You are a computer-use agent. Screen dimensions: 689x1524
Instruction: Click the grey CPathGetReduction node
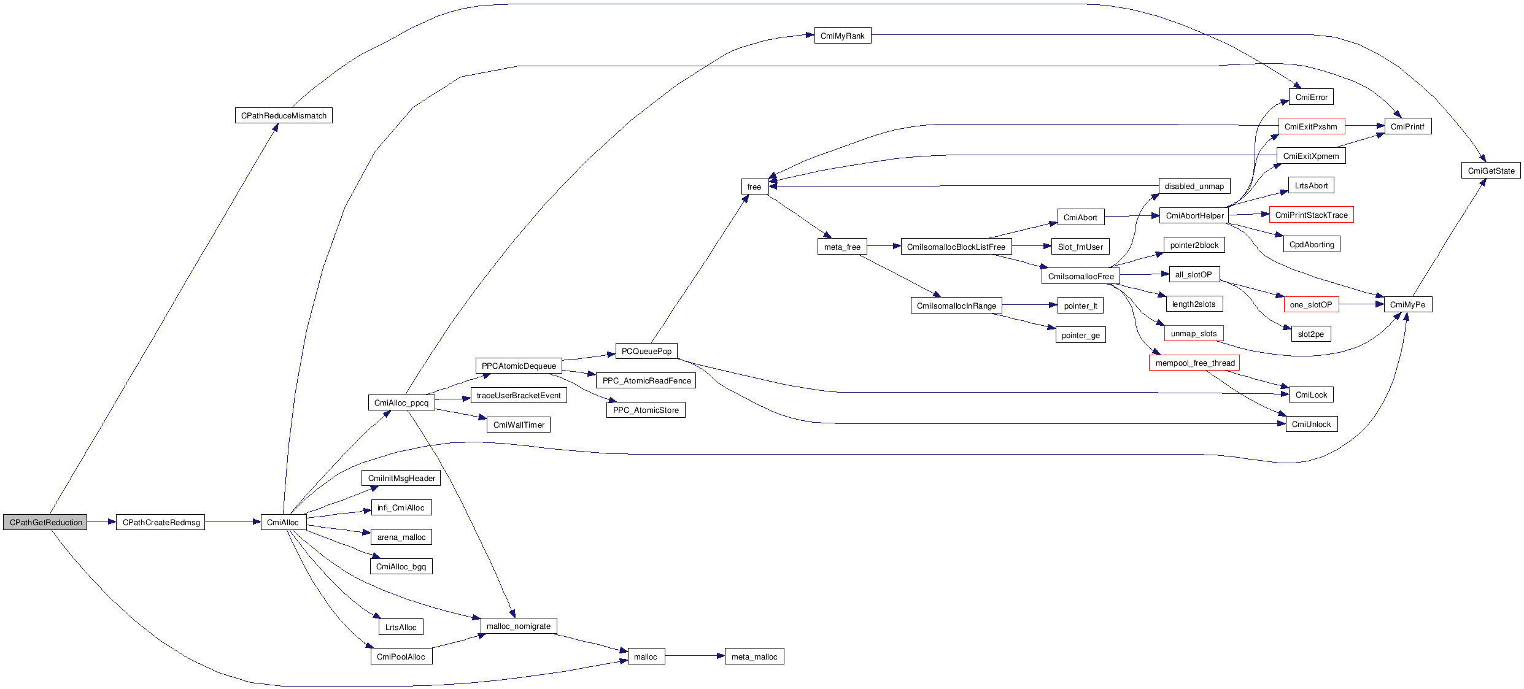45,522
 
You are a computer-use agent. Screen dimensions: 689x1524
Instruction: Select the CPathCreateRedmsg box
161,522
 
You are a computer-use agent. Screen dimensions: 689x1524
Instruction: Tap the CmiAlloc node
283,522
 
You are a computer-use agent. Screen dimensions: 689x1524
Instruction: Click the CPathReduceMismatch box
284,115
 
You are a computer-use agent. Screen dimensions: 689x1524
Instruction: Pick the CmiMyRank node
842,36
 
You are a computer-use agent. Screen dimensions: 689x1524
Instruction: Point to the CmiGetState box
1491,171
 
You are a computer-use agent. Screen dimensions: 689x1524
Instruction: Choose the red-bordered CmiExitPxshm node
1311,126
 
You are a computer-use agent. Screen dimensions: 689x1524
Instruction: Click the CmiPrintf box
1407,126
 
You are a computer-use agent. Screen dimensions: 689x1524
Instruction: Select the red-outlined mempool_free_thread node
1194,363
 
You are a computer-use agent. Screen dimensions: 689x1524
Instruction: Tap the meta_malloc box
754,656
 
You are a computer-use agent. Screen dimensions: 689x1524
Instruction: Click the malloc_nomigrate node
519,626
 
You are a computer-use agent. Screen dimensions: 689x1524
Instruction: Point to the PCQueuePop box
646,351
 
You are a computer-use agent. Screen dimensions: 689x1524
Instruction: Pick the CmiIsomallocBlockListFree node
956,247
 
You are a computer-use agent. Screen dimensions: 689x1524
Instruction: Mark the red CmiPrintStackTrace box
1311,215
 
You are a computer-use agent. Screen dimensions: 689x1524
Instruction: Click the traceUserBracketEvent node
519,395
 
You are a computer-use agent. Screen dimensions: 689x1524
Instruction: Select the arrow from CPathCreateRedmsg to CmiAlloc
233,522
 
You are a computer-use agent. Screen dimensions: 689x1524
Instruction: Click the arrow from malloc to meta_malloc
694,656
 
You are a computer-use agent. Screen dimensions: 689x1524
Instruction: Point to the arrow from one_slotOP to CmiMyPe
1361,304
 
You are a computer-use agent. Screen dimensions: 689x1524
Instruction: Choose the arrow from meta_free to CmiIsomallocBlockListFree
883,247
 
